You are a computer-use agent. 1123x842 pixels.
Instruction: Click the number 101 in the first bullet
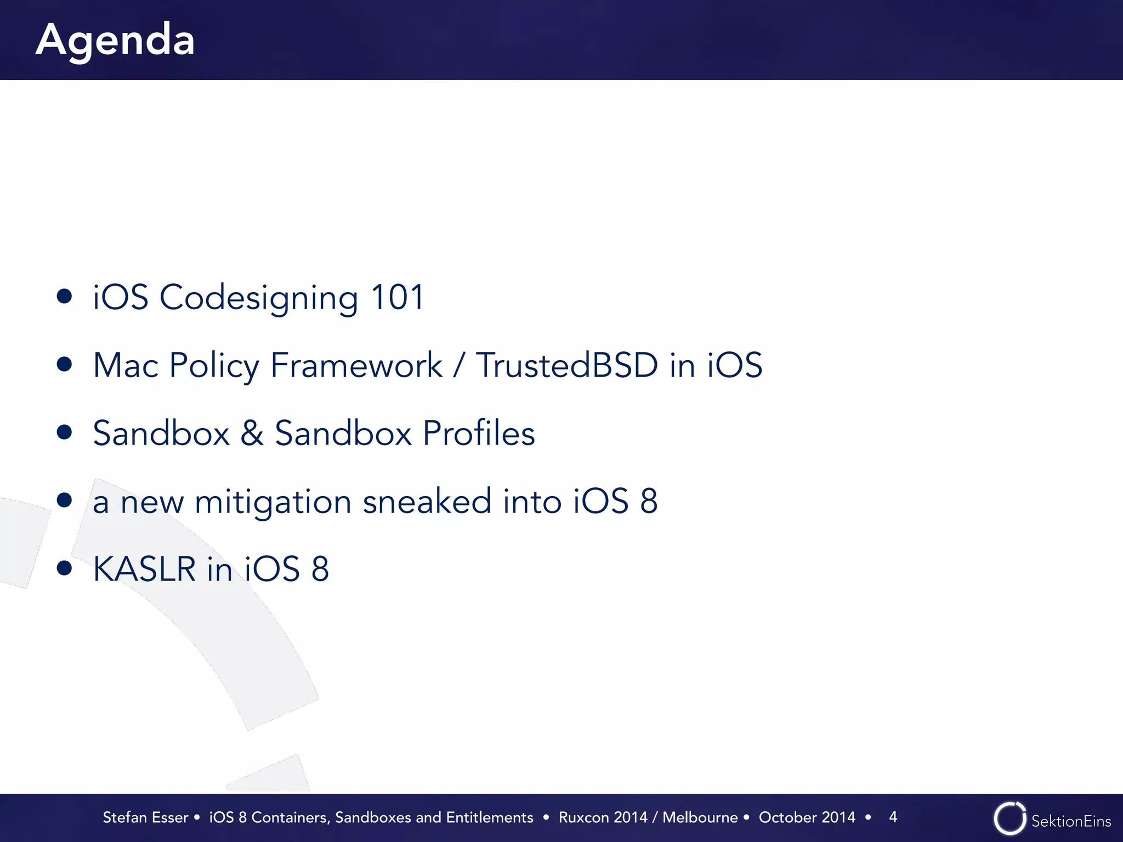pyautogui.click(x=397, y=298)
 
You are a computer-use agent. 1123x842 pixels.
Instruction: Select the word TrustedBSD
pyautogui.click(x=566, y=366)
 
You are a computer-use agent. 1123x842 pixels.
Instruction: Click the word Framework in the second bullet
pyautogui.click(x=356, y=366)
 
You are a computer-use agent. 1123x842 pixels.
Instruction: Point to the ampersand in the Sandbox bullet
pyautogui.click(x=252, y=433)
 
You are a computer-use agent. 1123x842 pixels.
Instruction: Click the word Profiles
pyautogui.click(x=479, y=433)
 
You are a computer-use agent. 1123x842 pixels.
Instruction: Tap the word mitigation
pyautogui.click(x=273, y=502)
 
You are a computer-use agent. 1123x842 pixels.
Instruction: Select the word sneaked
pyautogui.click(x=427, y=502)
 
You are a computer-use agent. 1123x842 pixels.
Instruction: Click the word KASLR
pyautogui.click(x=144, y=569)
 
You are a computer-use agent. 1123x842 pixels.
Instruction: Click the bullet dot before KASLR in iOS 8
pyautogui.click(x=65, y=568)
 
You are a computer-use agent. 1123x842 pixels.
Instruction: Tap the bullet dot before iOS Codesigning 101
pyautogui.click(x=65, y=297)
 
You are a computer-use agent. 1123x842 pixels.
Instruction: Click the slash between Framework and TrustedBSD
pyautogui.click(x=458, y=366)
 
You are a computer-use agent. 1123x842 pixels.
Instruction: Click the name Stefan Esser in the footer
pyautogui.click(x=145, y=817)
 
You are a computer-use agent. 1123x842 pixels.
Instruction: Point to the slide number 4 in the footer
pyautogui.click(x=893, y=817)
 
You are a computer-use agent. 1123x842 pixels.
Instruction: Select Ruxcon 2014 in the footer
pyautogui.click(x=603, y=817)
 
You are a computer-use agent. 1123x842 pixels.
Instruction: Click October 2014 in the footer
pyautogui.click(x=807, y=817)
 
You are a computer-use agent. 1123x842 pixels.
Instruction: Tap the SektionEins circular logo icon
pyautogui.click(x=1009, y=819)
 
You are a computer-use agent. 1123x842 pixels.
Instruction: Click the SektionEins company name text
pyautogui.click(x=1071, y=821)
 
